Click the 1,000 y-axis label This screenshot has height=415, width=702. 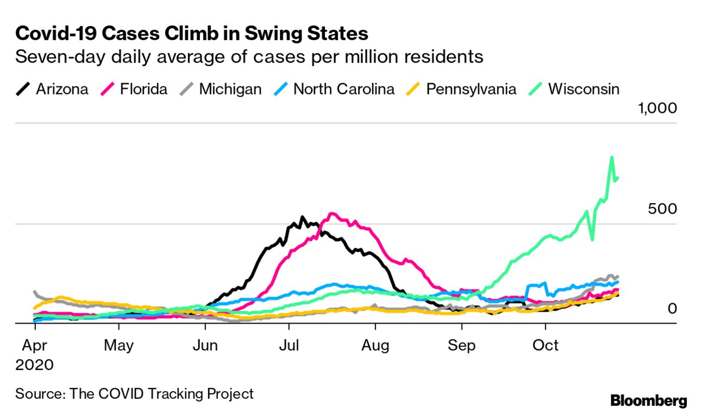coord(657,108)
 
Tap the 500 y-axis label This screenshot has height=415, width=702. coord(662,209)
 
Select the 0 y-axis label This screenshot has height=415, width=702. coord(672,309)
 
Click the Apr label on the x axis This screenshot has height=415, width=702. coord(34,345)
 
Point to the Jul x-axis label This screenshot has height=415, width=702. coord(289,345)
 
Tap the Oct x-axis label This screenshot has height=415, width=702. coord(546,345)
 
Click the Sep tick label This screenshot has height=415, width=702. coord(462,345)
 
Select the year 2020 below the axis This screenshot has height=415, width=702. coord(34,364)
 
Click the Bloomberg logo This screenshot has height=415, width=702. coord(648,401)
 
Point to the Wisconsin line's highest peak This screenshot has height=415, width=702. coord(612,158)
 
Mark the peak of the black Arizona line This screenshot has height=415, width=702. coord(303,217)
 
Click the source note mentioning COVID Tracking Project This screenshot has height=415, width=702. coord(134,393)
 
